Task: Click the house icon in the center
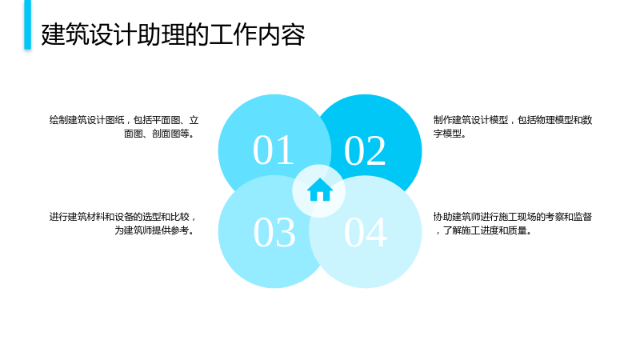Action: tap(319, 190)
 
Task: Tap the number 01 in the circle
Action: tap(274, 150)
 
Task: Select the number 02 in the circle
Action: tap(365, 151)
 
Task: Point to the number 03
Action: tap(274, 232)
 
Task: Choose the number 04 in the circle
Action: tap(366, 232)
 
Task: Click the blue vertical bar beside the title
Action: tap(27, 25)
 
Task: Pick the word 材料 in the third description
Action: tap(95, 217)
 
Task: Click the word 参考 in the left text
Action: tap(179, 230)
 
